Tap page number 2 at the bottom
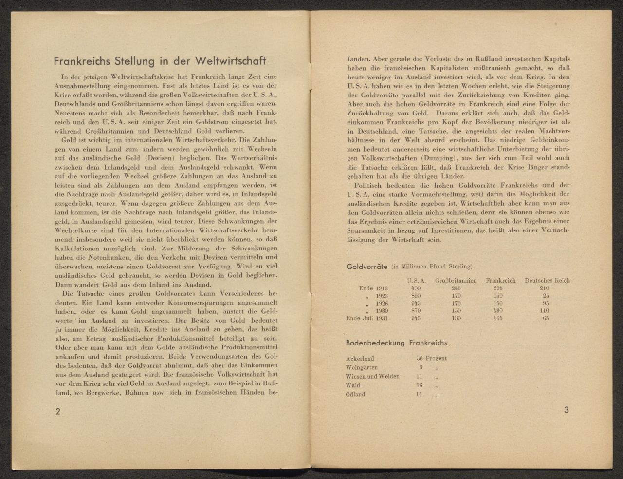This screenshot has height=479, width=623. (x=57, y=411)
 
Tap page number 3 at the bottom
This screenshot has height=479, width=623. (x=566, y=410)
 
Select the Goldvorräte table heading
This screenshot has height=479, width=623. (x=366, y=267)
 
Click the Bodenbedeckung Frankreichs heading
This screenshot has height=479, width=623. (x=396, y=343)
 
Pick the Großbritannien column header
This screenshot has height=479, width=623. (x=456, y=281)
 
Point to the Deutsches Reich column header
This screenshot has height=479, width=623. (x=547, y=281)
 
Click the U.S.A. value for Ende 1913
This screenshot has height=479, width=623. (x=416, y=288)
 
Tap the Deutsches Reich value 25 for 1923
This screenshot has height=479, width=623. (x=546, y=296)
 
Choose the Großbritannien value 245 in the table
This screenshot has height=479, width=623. (x=456, y=288)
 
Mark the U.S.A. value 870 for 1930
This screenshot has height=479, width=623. (x=416, y=311)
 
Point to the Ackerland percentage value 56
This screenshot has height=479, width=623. (x=420, y=359)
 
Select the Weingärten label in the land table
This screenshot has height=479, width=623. (x=362, y=368)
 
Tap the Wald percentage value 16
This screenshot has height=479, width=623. (x=420, y=385)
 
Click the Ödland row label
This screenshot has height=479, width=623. (x=355, y=394)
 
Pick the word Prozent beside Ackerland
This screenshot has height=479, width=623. (x=436, y=359)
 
